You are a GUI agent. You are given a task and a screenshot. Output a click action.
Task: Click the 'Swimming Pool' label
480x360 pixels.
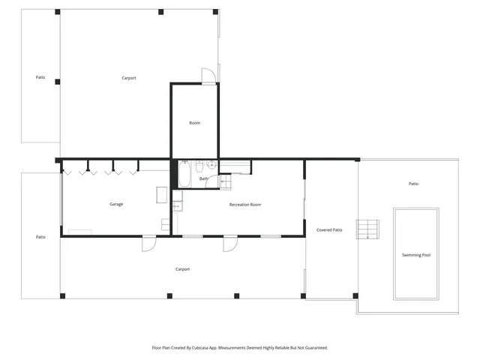[x=415, y=255]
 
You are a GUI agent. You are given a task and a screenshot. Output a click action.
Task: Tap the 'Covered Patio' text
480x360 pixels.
[x=328, y=229]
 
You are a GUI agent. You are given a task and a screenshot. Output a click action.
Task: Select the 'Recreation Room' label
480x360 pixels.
[x=244, y=204]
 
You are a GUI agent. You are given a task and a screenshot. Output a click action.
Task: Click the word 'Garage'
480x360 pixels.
[x=116, y=204]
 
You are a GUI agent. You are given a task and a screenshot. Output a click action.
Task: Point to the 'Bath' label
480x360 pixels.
[x=203, y=178]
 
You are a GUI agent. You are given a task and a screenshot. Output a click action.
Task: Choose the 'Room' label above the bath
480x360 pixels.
[x=194, y=122]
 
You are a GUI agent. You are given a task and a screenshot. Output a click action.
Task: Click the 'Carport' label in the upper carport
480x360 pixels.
[x=129, y=78]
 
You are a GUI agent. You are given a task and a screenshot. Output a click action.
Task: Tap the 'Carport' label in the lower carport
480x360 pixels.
[x=182, y=268]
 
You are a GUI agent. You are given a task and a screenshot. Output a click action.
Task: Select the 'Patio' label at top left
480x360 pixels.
[x=40, y=77]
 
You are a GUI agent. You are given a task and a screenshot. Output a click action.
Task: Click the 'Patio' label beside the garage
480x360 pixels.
[x=40, y=236]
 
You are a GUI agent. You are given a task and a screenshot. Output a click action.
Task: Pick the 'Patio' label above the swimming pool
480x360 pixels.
[x=413, y=183]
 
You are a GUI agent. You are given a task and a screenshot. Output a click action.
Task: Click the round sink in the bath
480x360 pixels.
[x=211, y=164]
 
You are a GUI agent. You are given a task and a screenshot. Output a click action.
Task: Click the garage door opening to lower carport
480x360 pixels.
[x=148, y=242]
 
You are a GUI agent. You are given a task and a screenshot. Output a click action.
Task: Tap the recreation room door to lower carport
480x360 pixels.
[x=229, y=242]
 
